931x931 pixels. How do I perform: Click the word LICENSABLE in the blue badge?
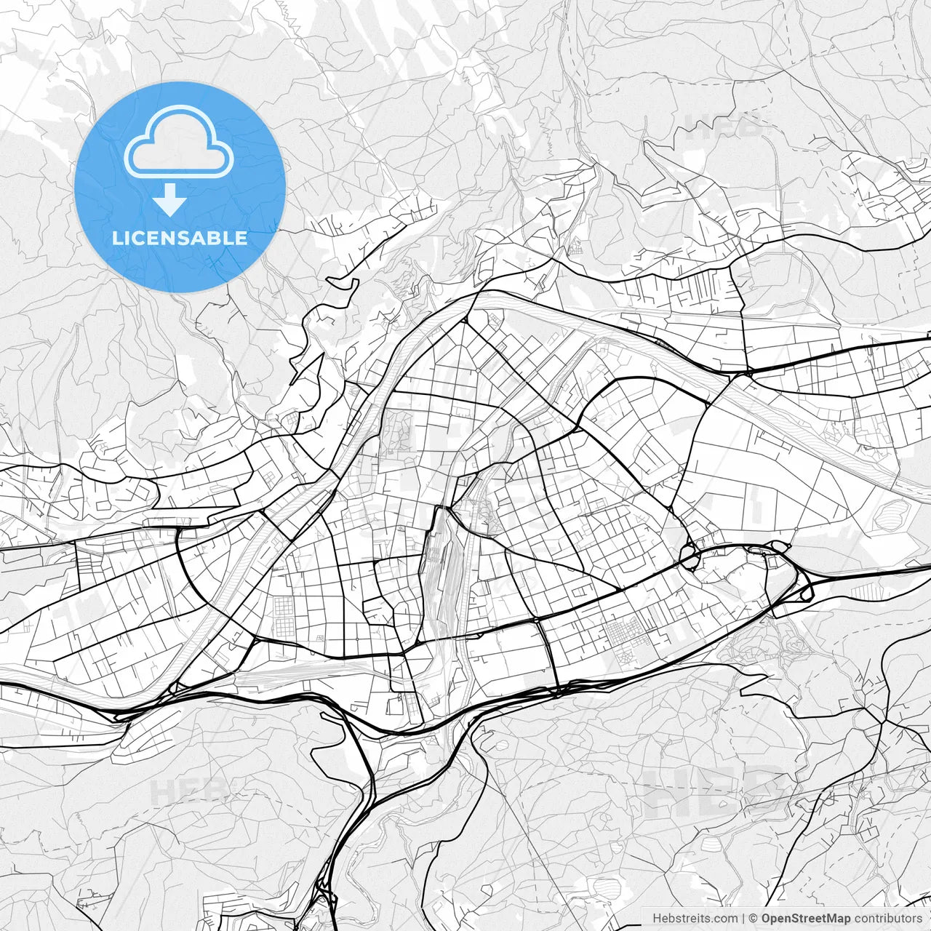click(180, 239)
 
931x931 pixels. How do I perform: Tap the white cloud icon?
click(179, 142)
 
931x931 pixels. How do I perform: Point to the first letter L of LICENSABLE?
click(117, 239)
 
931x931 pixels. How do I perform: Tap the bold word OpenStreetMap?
click(805, 919)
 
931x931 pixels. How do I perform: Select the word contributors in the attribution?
click(887, 919)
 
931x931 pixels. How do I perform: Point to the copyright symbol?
click(753, 919)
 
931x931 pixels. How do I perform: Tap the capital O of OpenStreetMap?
click(767, 919)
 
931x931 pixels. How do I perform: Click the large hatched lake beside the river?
click(894, 517)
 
